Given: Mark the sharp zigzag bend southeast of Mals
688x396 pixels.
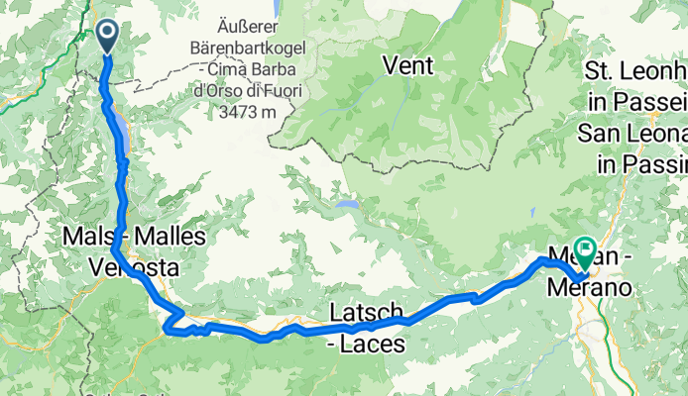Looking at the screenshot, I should coord(172,319).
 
